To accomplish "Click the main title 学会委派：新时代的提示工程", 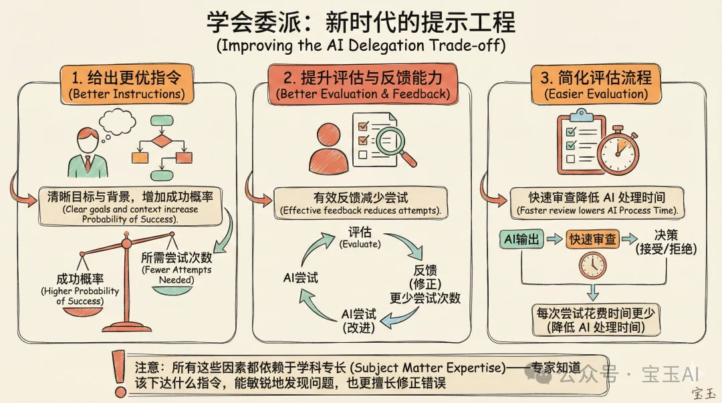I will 361,22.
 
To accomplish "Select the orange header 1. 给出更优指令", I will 126,83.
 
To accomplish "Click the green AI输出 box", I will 521,239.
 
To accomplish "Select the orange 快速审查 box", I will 592,239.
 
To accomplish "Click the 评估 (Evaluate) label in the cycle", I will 360,237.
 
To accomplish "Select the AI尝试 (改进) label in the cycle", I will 359,320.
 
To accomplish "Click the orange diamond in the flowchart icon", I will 161,141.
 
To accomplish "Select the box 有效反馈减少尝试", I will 361,203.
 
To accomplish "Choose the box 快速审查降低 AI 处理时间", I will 597,203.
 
